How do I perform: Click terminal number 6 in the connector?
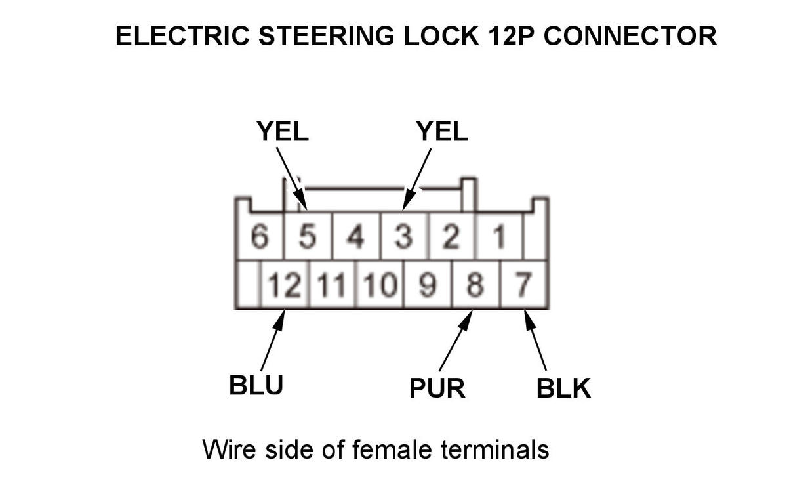point(260,237)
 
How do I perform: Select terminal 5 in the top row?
point(307,237)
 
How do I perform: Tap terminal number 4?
point(355,237)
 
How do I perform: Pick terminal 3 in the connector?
point(404,237)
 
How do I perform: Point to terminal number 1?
point(499,237)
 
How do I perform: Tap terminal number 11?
point(331,285)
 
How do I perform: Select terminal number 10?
point(380,285)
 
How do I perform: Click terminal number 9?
point(428,285)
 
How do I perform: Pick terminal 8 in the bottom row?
point(476,285)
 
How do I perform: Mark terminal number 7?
point(523,285)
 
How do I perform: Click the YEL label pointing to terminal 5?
point(282,133)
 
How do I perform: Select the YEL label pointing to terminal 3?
point(442,133)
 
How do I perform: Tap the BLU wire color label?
point(256,385)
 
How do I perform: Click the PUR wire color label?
point(437,388)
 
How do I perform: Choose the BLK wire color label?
point(563,388)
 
